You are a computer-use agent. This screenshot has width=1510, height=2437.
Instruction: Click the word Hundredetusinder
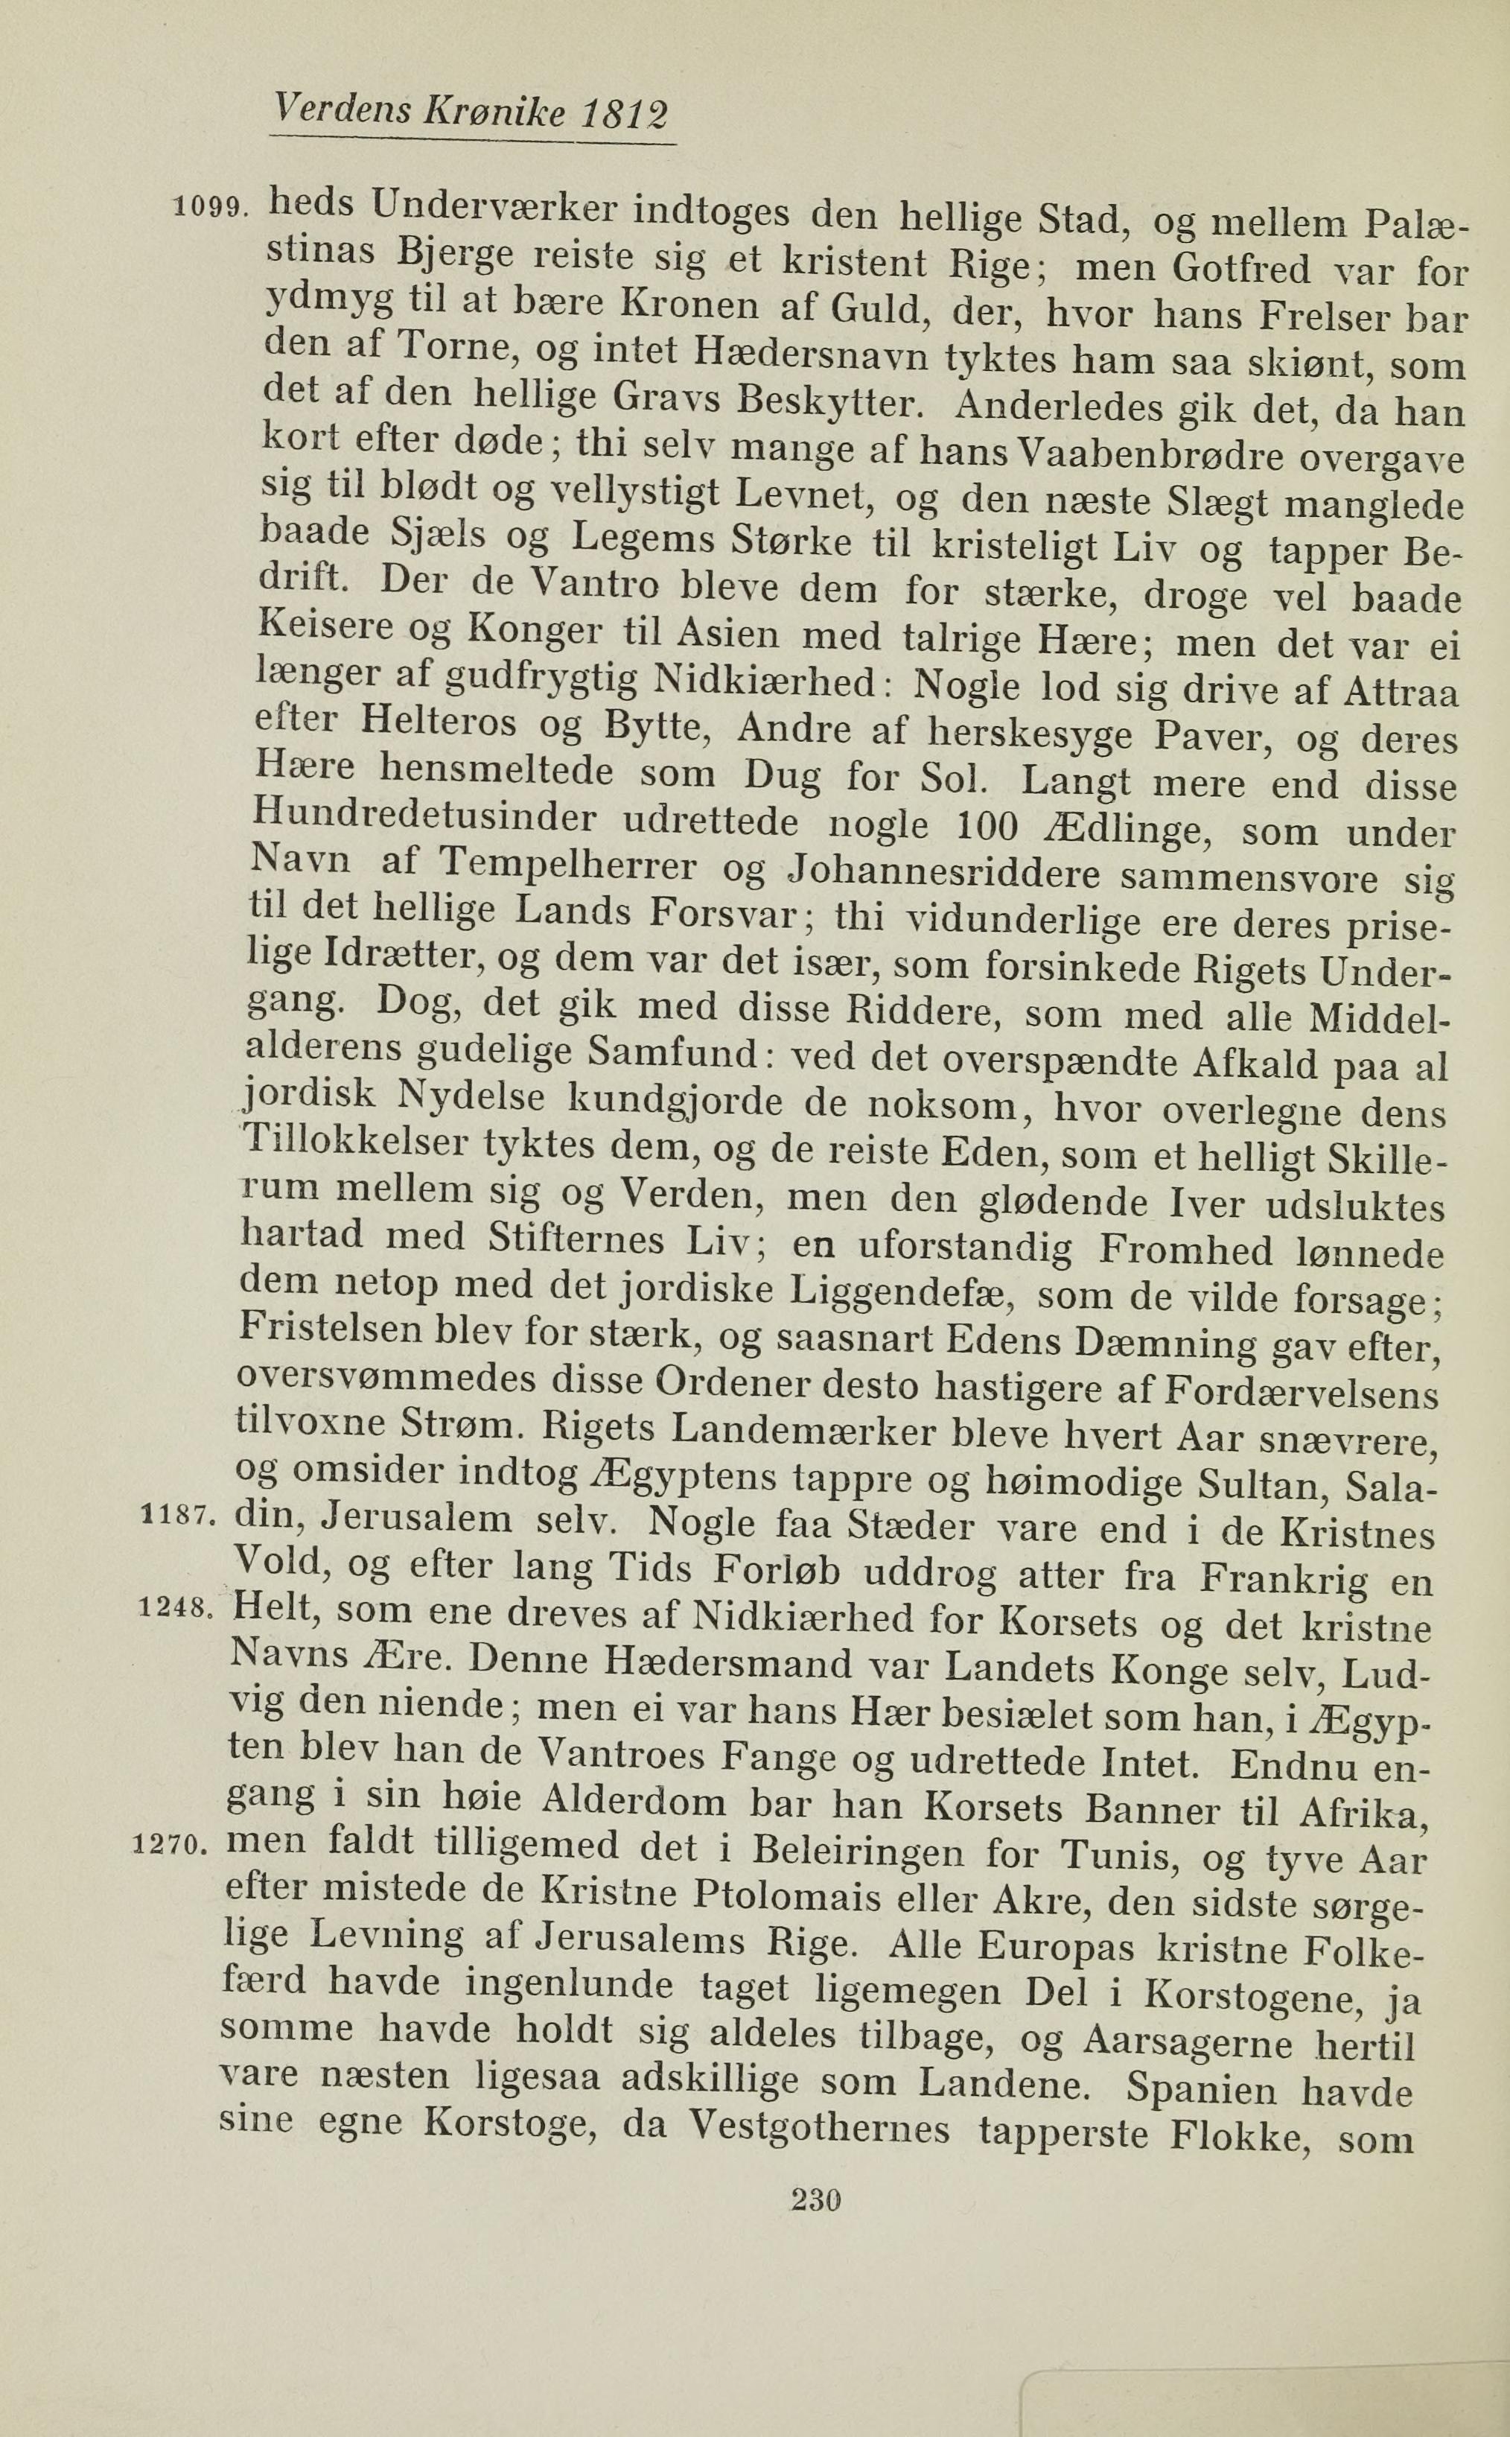point(425,817)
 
